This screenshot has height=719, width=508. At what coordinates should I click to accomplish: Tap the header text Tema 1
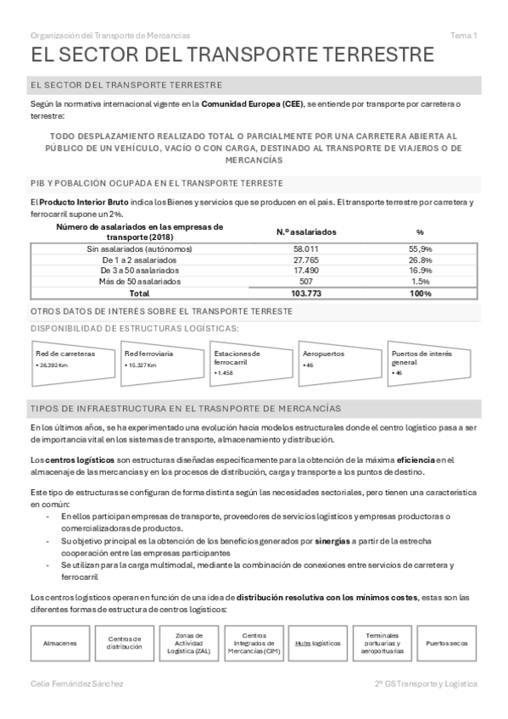(464, 36)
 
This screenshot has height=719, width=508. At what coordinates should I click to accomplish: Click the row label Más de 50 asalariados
(139, 281)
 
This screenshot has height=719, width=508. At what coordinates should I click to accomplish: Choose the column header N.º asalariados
(306, 231)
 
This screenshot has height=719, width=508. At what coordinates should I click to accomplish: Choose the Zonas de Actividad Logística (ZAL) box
(189, 643)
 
